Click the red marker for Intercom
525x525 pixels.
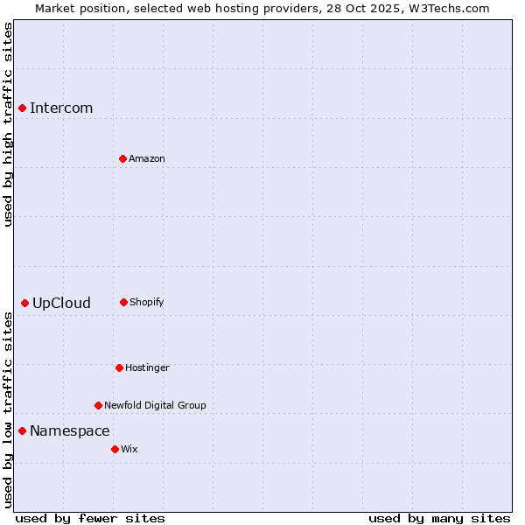23,108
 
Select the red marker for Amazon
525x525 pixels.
122,158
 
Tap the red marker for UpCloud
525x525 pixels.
24,303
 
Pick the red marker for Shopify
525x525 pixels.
123,302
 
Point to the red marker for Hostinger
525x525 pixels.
119,367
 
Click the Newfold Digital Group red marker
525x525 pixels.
98,405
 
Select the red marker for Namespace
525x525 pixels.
22,430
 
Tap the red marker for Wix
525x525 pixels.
115,449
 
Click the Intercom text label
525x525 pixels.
61,108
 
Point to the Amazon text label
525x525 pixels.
147,158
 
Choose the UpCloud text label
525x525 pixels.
61,304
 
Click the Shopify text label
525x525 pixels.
147,302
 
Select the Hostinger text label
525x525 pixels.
147,367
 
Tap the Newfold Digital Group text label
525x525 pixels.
155,405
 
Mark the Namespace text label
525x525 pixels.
70,431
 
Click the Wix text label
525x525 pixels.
129,449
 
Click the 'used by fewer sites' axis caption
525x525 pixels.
90,519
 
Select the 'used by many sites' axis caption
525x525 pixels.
439,519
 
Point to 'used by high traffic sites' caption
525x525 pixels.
8,124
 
